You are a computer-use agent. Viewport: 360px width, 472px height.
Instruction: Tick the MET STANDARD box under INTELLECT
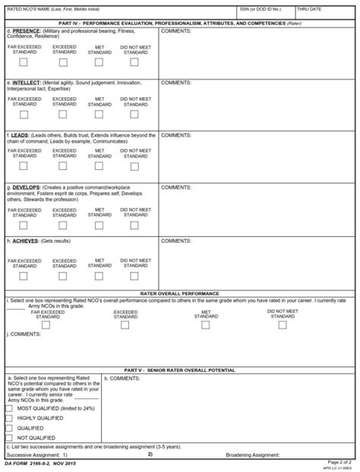click(99, 115)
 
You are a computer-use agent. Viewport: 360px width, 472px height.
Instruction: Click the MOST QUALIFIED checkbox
click(9, 408)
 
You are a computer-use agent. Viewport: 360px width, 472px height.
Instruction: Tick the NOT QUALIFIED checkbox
click(9, 438)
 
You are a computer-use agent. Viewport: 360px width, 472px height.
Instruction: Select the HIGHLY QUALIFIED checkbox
click(9, 418)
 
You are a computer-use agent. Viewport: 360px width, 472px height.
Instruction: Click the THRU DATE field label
click(311, 9)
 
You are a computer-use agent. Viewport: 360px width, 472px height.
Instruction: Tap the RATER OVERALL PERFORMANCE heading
click(180, 293)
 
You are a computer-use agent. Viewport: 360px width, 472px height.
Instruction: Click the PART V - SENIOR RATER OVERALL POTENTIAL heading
click(180, 370)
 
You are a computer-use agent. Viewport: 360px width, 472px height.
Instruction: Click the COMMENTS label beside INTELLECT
click(175, 82)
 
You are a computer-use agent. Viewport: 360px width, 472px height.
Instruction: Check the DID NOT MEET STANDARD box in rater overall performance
click(282, 324)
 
